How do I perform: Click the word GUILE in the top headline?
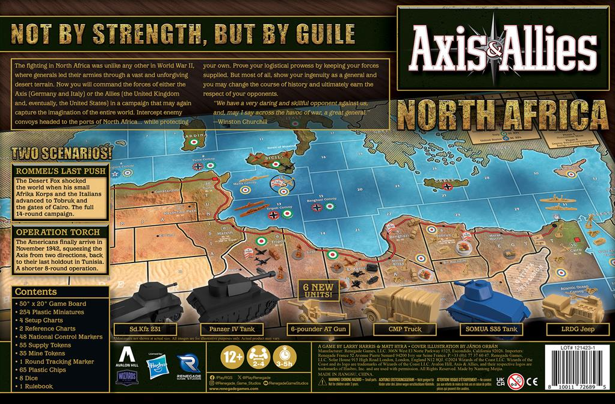pos(299,34)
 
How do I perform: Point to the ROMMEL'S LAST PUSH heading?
pos(61,170)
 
